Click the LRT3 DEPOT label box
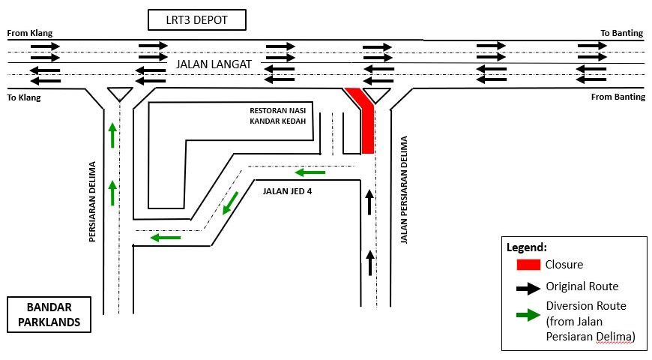point(196,19)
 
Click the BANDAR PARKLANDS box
point(49,316)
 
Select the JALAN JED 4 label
point(287,190)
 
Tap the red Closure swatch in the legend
point(528,264)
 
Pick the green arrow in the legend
point(528,314)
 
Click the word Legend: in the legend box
point(527,247)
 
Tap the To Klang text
point(23,97)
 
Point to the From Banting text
point(618,97)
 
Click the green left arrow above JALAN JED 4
point(310,173)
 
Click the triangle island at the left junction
point(118,94)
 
